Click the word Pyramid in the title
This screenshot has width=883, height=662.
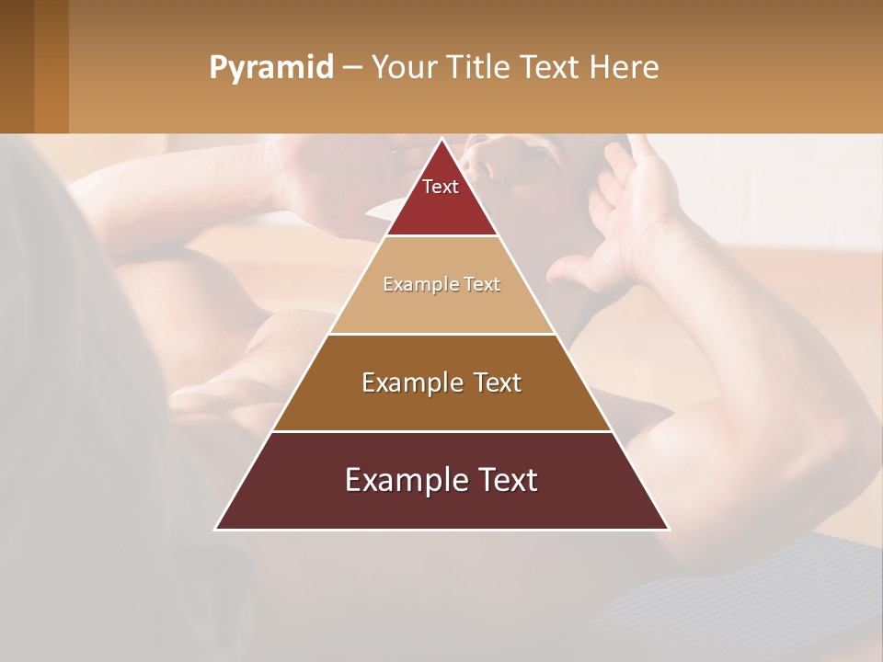271,68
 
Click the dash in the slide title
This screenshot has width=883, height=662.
351,68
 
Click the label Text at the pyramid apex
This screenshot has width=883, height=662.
441,187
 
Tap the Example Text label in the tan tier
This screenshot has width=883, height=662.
441,284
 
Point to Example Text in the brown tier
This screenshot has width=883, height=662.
441,382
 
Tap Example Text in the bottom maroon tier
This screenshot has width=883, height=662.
441,480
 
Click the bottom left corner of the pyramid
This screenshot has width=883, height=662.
217,528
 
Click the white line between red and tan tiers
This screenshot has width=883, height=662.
441,236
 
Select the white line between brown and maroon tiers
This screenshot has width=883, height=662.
441,431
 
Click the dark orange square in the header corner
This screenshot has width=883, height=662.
51,66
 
